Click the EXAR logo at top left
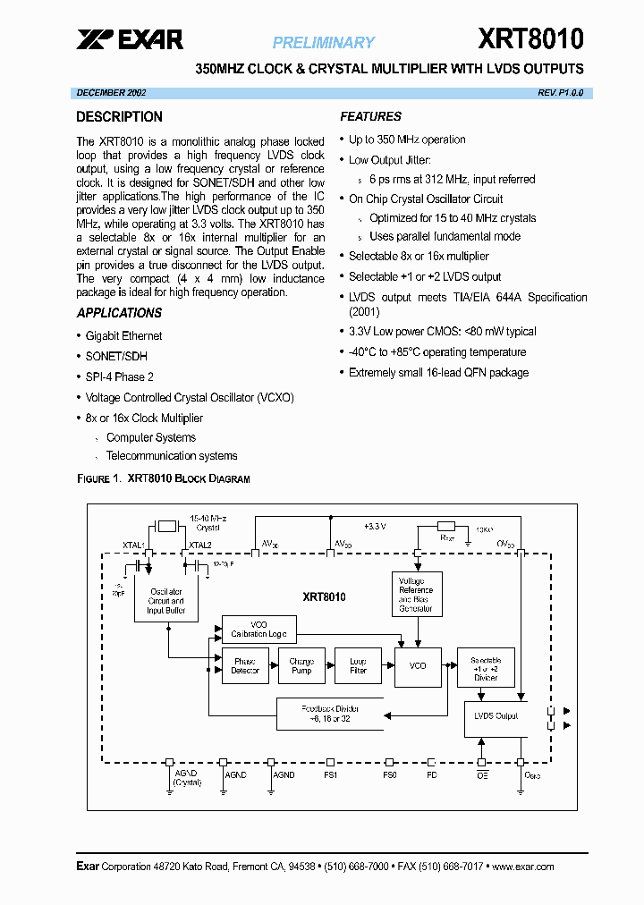(x=129, y=39)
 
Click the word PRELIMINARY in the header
(x=323, y=42)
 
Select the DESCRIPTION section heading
(x=119, y=117)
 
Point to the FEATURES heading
(x=370, y=116)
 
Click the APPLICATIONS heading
(x=119, y=313)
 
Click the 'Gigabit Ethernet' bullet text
(x=123, y=336)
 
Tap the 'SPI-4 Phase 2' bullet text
(x=119, y=377)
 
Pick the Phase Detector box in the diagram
(x=245, y=666)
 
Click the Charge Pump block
(x=301, y=666)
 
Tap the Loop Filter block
(x=358, y=666)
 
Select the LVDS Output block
(x=495, y=716)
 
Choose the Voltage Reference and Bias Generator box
(x=416, y=595)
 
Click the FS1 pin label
(x=330, y=775)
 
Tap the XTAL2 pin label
(x=199, y=544)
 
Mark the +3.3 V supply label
(x=374, y=526)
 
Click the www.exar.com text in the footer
(x=522, y=867)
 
